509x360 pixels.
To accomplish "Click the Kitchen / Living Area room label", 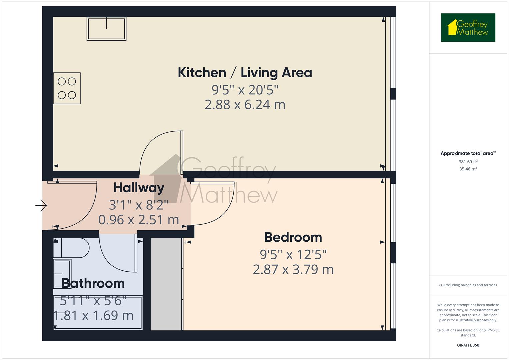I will click(245, 72).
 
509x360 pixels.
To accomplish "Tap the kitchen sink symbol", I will click(106, 29).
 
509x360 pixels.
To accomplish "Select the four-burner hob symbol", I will click(67, 88).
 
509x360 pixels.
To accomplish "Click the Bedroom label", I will click(293, 237).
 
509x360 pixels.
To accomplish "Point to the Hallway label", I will click(139, 188).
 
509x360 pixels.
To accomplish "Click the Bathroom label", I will click(93, 283).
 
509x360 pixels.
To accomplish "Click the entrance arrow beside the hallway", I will click(41, 205).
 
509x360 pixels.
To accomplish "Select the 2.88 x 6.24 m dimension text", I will click(245, 105).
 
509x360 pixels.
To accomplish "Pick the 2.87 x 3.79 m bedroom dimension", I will click(293, 269).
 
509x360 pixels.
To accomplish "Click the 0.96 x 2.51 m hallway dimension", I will click(139, 220).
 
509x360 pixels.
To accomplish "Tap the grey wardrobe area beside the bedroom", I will click(166, 283).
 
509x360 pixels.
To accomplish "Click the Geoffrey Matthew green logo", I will click(468, 28).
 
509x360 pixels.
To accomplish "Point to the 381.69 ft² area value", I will click(468, 162).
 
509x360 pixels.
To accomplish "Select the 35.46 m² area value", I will click(468, 169).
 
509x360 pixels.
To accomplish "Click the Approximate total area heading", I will click(468, 153).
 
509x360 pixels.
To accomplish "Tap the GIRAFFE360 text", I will click(468, 345).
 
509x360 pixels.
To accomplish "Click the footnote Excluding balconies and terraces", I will click(468, 285).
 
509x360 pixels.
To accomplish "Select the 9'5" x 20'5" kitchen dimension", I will click(245, 89).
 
